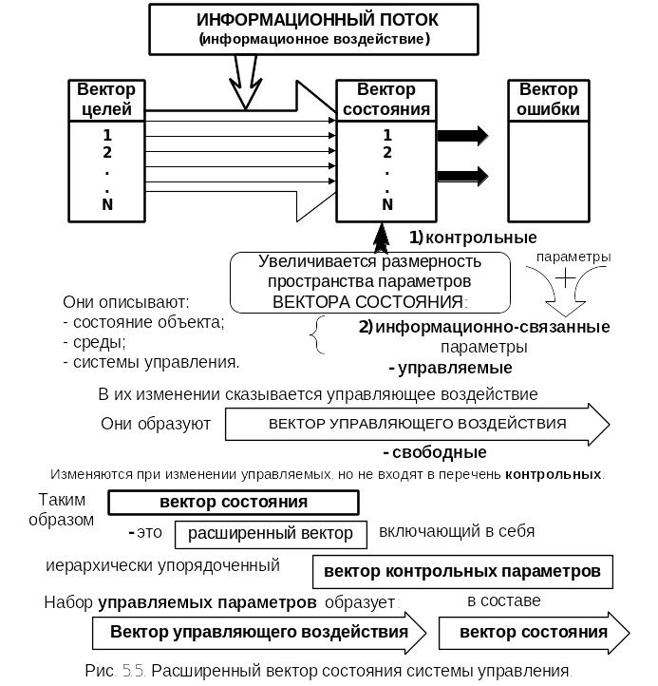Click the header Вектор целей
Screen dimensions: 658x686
[x=106, y=100]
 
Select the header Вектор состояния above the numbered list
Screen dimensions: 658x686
[x=386, y=100]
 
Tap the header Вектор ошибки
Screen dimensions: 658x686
[x=549, y=100]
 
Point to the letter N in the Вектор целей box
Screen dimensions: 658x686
[x=107, y=204]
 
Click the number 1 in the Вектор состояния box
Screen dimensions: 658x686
[x=387, y=135]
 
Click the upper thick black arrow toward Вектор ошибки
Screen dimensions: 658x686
[x=462, y=135]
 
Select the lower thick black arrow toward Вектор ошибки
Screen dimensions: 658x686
[x=462, y=176]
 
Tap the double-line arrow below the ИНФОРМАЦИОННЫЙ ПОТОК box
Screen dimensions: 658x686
[x=245, y=83]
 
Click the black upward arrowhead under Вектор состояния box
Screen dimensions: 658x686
[x=382, y=238]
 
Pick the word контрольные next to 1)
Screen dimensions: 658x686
[x=481, y=238]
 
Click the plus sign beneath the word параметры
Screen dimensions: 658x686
[x=565, y=277]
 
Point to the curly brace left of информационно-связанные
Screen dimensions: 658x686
[x=317, y=334]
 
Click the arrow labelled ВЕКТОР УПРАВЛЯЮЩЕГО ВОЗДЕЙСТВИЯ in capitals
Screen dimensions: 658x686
[x=418, y=424]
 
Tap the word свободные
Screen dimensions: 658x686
[x=440, y=452]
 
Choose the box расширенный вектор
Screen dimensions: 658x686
[x=271, y=534]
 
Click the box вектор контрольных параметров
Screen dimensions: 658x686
[x=462, y=572]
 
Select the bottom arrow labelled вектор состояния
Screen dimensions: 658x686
[x=535, y=633]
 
